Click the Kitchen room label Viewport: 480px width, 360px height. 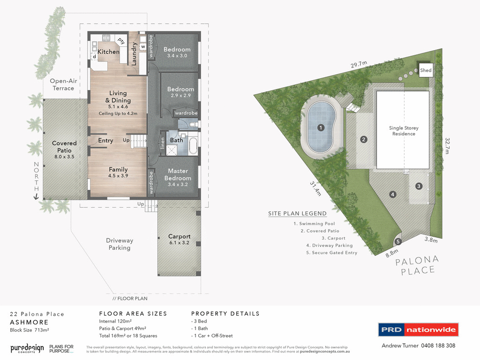click(x=108, y=52)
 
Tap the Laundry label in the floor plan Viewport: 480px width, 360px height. click(x=134, y=53)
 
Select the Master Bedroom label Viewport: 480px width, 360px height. click(x=178, y=174)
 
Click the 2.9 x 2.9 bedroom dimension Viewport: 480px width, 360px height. click(x=180, y=96)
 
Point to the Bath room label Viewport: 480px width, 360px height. click(x=176, y=140)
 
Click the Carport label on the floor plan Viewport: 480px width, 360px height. click(x=179, y=236)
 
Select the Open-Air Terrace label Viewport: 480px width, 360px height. click(x=63, y=84)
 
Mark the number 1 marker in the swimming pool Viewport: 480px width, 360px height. click(x=321, y=127)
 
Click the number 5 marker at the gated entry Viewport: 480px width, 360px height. click(x=398, y=242)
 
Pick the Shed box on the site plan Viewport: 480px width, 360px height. click(x=426, y=70)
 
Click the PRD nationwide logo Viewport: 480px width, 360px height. click(x=418, y=330)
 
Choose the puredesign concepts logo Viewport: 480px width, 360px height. click(x=27, y=348)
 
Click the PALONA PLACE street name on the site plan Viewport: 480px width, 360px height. click(x=417, y=265)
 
